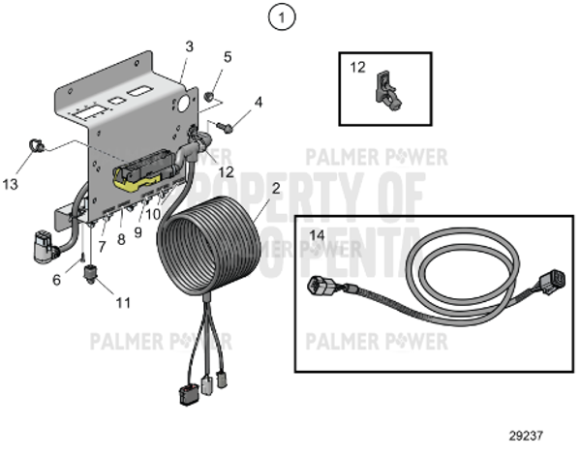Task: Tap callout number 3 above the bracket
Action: point(189,46)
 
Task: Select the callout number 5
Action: point(227,56)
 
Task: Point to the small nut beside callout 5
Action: point(208,95)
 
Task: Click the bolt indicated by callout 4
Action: point(224,125)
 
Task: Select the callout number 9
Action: point(138,232)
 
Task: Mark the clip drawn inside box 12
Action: point(385,88)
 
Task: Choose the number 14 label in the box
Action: point(318,235)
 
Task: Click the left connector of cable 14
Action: point(322,289)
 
